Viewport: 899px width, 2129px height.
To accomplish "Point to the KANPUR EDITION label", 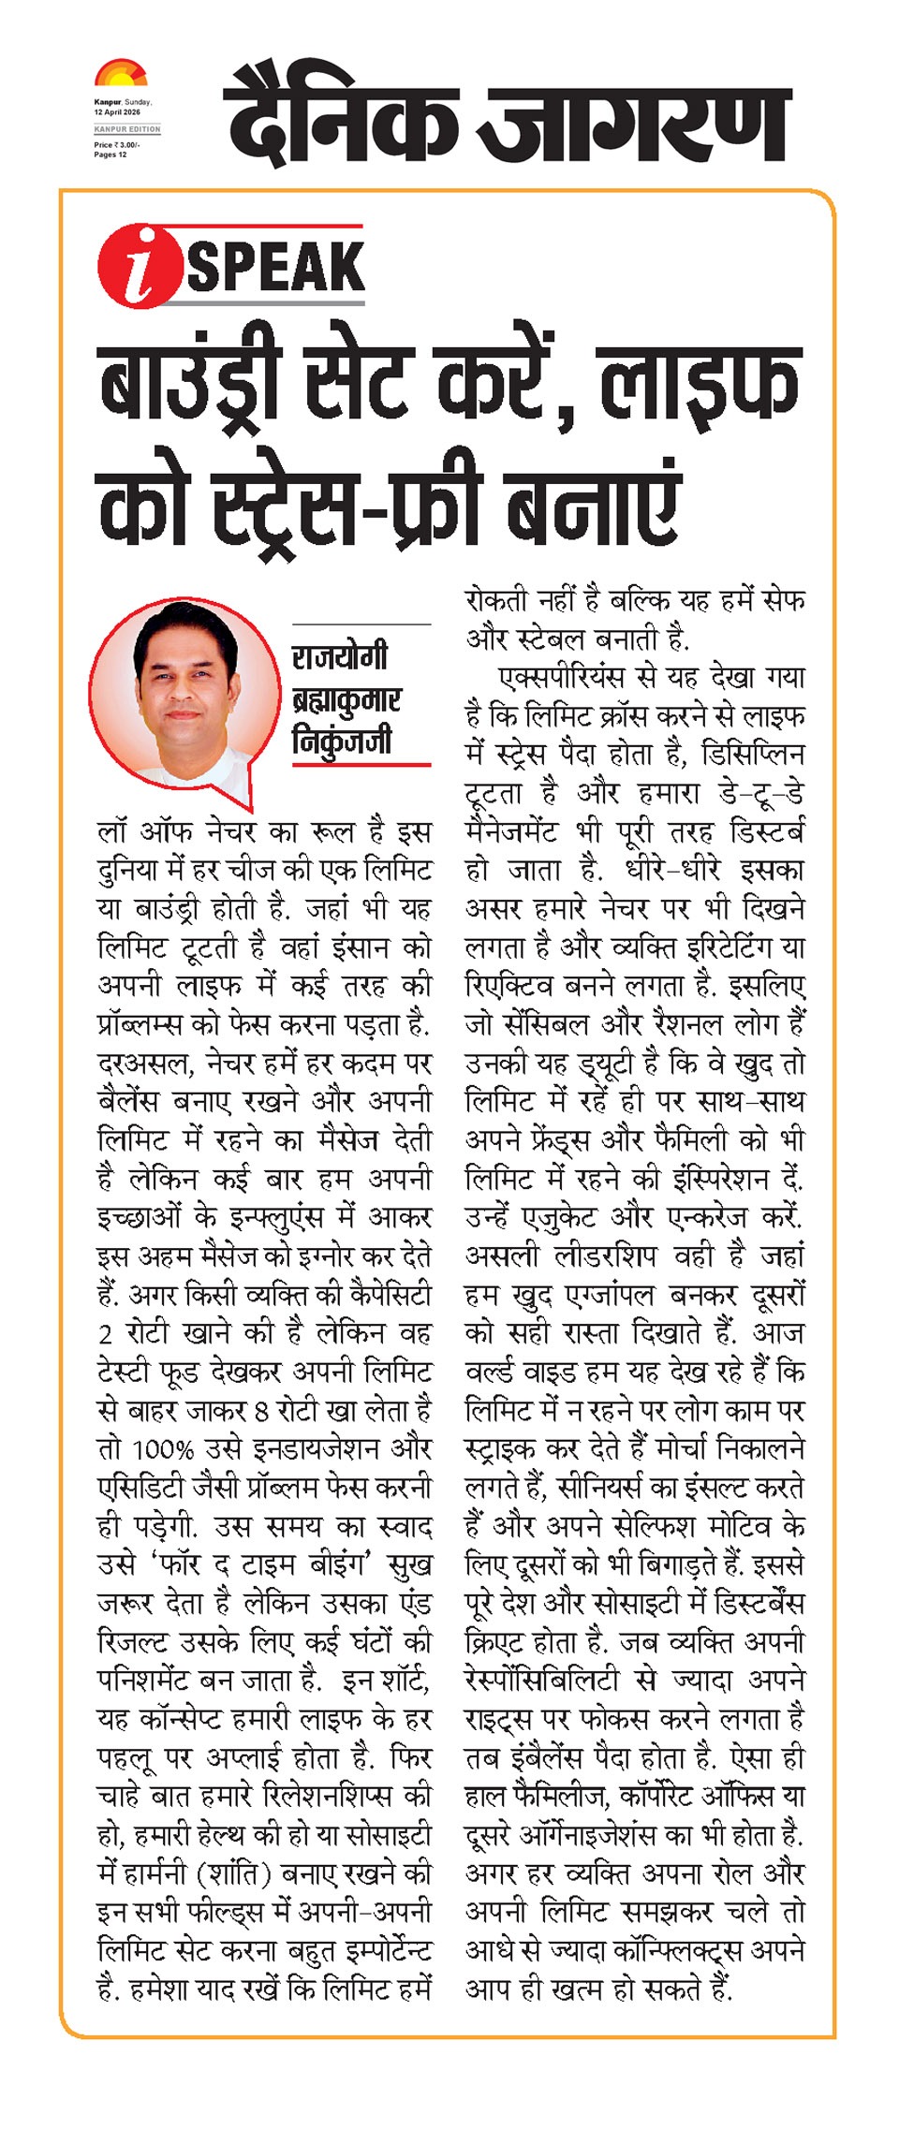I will pyautogui.click(x=127, y=129).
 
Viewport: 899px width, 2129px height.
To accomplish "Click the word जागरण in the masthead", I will pyautogui.click(x=637, y=115).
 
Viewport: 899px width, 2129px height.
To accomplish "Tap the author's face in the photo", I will pyautogui.click(x=184, y=685).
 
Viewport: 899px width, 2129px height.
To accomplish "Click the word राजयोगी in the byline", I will pyautogui.click(x=339, y=657).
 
